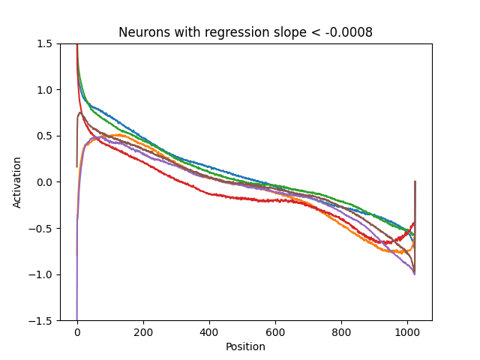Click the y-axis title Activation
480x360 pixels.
[x=17, y=182]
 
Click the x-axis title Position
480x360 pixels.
[x=245, y=346]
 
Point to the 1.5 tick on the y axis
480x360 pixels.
[x=46, y=43]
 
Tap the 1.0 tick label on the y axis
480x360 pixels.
[x=46, y=90]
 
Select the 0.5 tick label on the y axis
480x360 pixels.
[x=46, y=136]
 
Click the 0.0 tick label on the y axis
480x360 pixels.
[x=46, y=182]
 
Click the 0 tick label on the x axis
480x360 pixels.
[x=77, y=331]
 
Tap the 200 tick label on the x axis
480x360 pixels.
[x=143, y=331]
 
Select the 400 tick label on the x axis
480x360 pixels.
[x=209, y=331]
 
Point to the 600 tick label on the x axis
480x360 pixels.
[x=275, y=331]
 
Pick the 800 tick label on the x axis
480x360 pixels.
[x=341, y=331]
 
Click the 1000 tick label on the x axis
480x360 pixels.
[x=407, y=331]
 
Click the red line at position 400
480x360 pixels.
[x=209, y=193]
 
